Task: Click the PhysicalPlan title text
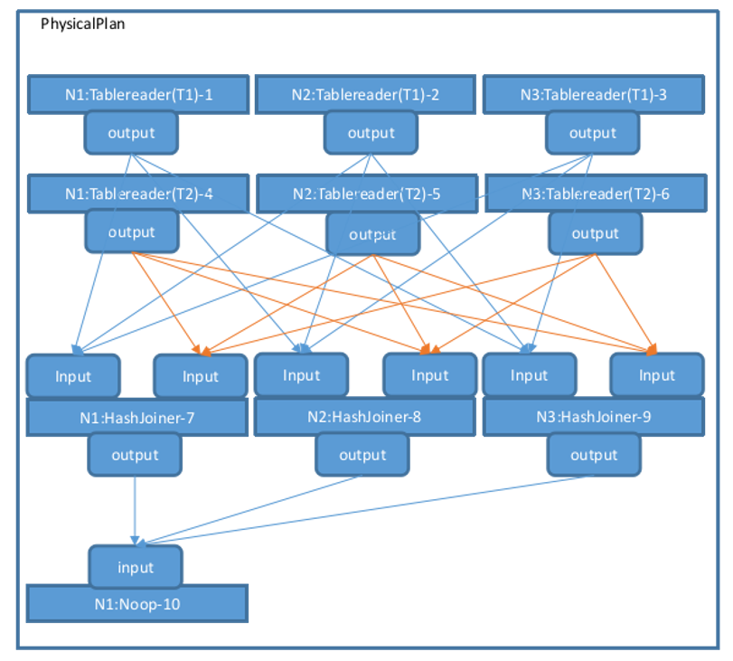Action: click(83, 24)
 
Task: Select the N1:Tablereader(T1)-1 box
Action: click(138, 93)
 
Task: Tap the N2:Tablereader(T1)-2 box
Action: click(365, 93)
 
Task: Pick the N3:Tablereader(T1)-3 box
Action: click(593, 93)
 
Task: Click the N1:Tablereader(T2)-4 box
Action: click(138, 193)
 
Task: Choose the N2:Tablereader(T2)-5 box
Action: click(365, 194)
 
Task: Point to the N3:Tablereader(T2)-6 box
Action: click(595, 194)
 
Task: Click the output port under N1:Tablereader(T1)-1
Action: click(131, 133)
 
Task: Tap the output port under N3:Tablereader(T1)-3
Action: click(592, 133)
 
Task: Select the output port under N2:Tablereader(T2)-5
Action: click(372, 234)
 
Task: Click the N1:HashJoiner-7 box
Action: click(137, 418)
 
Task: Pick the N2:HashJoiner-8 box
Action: click(365, 417)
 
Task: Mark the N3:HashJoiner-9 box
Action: click(593, 418)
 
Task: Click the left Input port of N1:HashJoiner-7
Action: click(73, 375)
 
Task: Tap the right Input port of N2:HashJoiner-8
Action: click(429, 374)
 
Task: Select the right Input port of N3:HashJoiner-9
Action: click(657, 374)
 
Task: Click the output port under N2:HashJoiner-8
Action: click(362, 455)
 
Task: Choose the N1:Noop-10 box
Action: click(137, 603)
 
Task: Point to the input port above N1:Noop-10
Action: click(136, 568)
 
